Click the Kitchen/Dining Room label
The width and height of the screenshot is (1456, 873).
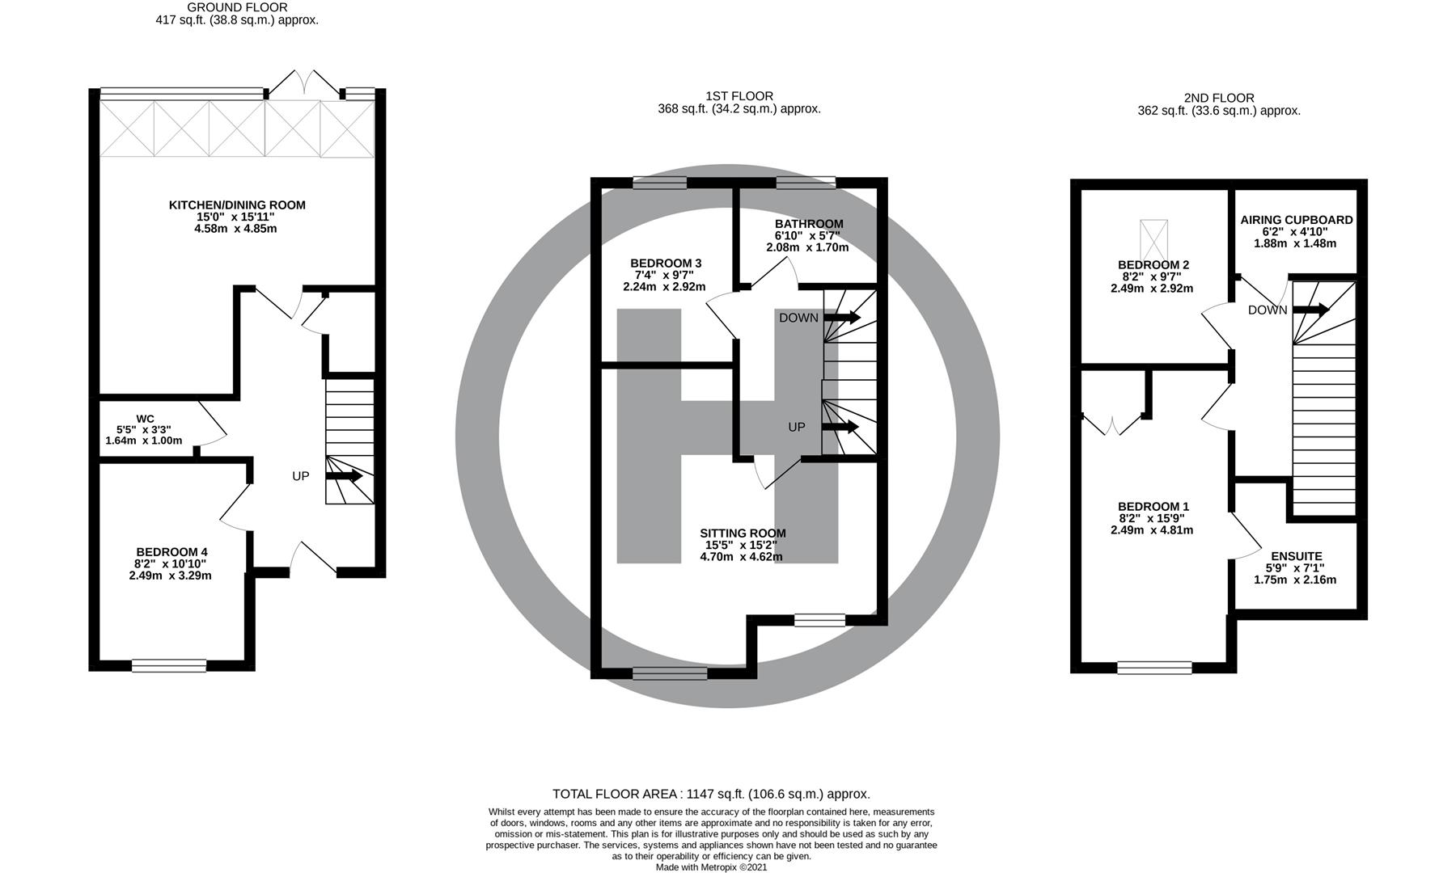click(237, 205)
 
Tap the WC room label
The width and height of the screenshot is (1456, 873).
click(145, 419)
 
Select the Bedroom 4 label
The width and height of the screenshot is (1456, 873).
click(171, 552)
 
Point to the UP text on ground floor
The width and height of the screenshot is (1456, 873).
click(300, 476)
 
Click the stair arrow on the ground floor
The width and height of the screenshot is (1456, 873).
click(344, 476)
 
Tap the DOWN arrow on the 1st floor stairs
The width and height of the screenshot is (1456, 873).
click(842, 318)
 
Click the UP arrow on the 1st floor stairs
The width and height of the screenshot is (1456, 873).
click(840, 427)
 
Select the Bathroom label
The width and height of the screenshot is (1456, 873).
click(809, 224)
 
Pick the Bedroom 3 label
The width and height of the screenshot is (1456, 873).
click(666, 264)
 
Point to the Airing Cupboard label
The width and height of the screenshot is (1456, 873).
click(1297, 220)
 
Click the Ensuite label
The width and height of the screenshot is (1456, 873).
click(1297, 556)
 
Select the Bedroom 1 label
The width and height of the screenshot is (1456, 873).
click(1153, 507)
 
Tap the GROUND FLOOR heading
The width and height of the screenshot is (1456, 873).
click(237, 7)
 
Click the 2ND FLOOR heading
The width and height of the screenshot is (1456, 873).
click(1219, 98)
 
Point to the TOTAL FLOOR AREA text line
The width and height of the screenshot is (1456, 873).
click(711, 794)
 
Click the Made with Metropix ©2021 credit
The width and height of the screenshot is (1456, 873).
click(711, 867)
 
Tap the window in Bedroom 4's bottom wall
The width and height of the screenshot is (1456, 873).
click(169, 666)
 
